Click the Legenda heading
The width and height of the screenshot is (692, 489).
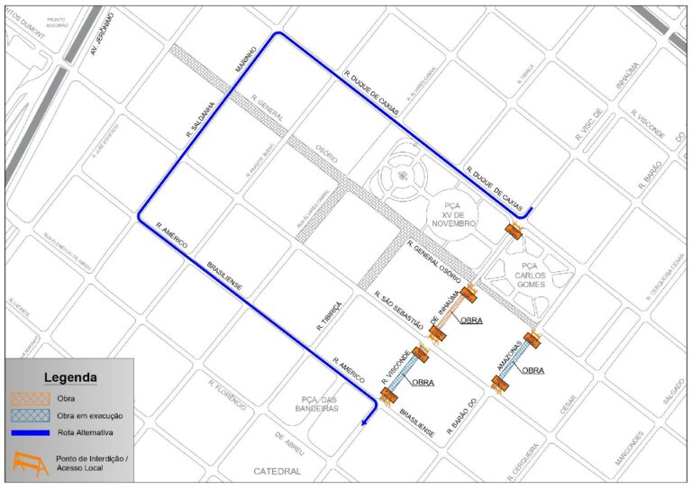click(71, 377)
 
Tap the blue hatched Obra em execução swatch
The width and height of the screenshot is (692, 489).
click(31, 416)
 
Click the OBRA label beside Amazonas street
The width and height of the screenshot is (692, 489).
click(533, 369)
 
